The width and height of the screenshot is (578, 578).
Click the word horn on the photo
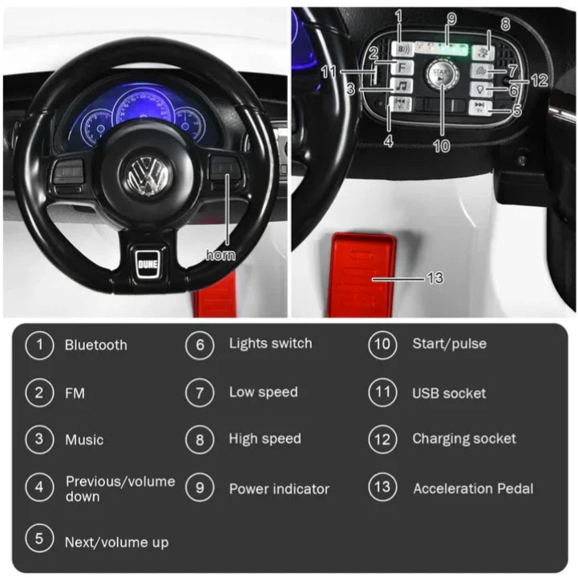(220, 255)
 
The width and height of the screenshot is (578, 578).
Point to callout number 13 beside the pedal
(435, 278)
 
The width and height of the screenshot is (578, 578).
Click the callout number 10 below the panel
(442, 148)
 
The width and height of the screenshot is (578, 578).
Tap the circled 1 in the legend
(39, 345)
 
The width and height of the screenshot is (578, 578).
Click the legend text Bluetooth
(95, 346)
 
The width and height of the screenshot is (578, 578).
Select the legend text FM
(75, 394)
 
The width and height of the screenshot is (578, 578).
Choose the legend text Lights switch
(270, 344)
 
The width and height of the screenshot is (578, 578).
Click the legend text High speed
(265, 439)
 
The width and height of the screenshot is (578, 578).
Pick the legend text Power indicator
(279, 489)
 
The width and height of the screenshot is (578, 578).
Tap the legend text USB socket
(449, 394)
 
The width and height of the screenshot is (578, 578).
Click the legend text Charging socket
(464, 439)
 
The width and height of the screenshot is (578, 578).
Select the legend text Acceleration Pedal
(473, 488)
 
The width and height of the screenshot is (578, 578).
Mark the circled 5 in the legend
(39, 538)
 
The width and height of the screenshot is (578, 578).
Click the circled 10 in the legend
(382, 345)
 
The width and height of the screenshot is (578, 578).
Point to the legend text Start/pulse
(449, 345)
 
